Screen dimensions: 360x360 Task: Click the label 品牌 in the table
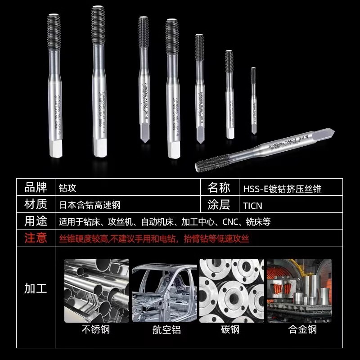tap(36, 187)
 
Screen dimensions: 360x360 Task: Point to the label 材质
tap(36, 204)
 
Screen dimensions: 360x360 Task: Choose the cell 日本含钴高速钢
tap(90, 205)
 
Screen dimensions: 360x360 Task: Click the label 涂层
tap(219, 205)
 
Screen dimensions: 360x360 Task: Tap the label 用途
tap(36, 221)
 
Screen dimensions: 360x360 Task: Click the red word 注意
tap(36, 238)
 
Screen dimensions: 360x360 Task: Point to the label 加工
tap(36, 288)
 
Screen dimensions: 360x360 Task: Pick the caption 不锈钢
tap(95, 330)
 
